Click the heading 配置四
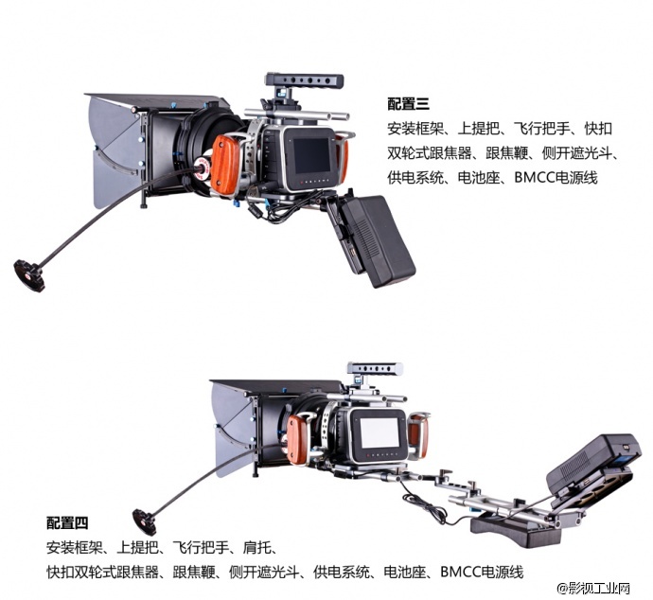[68, 521]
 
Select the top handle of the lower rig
[376, 367]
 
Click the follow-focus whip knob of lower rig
[145, 519]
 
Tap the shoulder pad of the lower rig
[505, 526]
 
